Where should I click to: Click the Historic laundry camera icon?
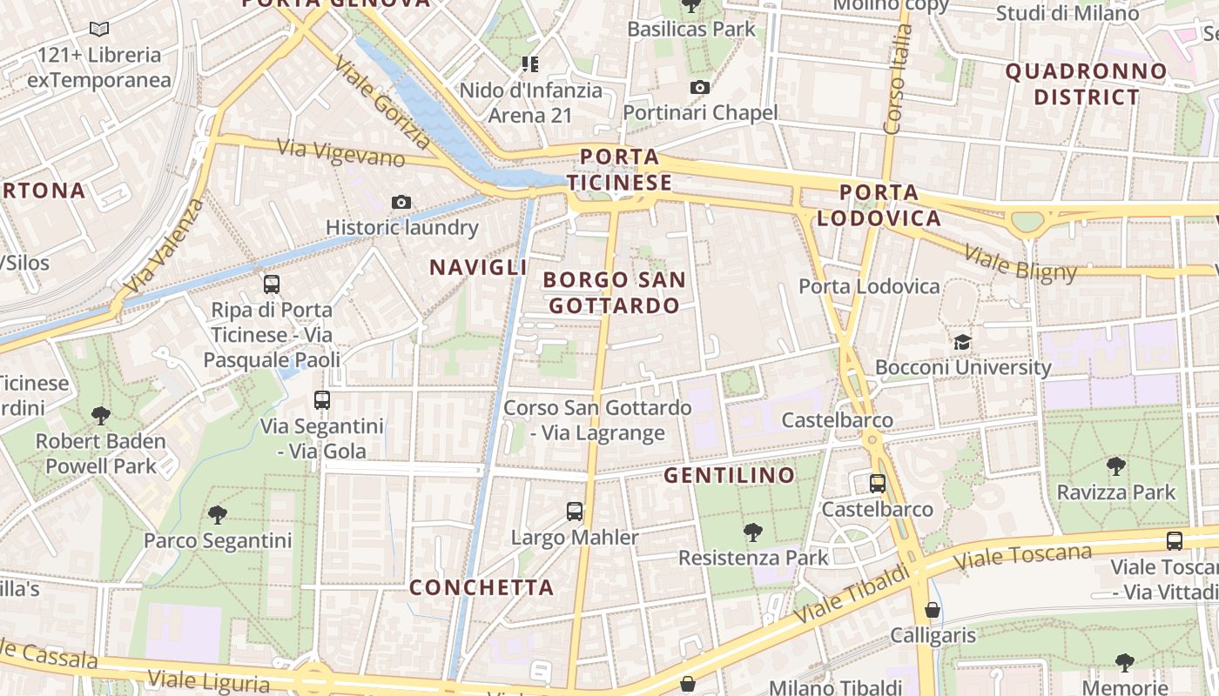click(401, 203)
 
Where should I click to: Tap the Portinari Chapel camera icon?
click(699, 87)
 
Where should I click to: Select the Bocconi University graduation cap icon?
click(962, 342)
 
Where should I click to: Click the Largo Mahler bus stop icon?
click(574, 511)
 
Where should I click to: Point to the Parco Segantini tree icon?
click(218, 514)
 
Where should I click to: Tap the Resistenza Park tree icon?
click(753, 532)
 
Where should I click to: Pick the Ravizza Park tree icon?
click(1115, 466)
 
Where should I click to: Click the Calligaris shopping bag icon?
click(933, 609)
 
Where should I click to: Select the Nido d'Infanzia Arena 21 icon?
click(530, 64)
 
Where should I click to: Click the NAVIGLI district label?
click(479, 268)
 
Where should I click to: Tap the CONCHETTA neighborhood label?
click(482, 587)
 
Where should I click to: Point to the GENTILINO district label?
click(730, 475)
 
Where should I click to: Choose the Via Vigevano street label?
click(341, 153)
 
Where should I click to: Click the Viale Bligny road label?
click(1021, 264)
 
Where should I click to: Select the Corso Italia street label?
click(897, 78)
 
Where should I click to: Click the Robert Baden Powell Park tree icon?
click(101, 416)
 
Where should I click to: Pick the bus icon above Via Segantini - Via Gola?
click(322, 400)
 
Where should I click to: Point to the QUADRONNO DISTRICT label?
click(1086, 84)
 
